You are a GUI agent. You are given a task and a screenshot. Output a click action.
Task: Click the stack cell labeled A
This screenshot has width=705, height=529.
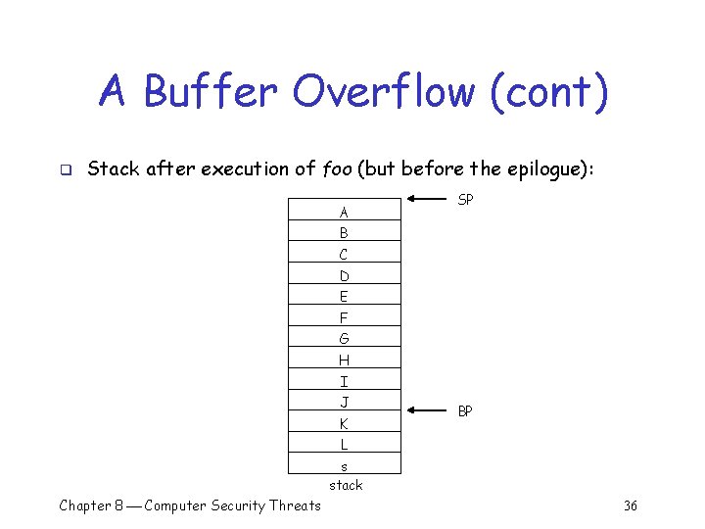345,210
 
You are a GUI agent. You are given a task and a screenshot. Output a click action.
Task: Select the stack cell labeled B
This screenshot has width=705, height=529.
345,231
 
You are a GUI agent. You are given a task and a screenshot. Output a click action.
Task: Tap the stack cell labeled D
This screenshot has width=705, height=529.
345,274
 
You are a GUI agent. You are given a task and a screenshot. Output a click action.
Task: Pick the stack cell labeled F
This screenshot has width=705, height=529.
345,316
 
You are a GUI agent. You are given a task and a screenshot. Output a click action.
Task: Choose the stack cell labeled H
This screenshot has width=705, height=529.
345,359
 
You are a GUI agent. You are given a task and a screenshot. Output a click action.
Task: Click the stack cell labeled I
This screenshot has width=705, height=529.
345,380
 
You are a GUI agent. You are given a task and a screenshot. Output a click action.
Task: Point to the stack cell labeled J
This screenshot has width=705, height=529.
345,402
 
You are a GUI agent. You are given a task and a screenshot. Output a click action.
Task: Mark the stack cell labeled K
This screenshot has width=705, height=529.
345,423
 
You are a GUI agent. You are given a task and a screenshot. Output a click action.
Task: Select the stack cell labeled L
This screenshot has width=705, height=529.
345,444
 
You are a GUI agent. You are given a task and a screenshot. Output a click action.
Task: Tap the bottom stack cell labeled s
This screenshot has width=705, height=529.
345,465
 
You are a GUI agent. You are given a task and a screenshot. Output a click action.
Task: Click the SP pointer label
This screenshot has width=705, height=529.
466,200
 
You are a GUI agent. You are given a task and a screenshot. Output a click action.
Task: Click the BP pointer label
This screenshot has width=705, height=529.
465,411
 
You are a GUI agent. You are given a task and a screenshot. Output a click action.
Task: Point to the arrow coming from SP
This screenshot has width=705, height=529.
427,200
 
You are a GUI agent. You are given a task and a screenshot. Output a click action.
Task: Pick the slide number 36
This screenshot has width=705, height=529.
631,505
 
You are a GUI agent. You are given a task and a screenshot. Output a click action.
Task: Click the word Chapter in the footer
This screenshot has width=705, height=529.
84,505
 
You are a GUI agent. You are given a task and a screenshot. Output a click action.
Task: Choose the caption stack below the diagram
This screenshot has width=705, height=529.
346,485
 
